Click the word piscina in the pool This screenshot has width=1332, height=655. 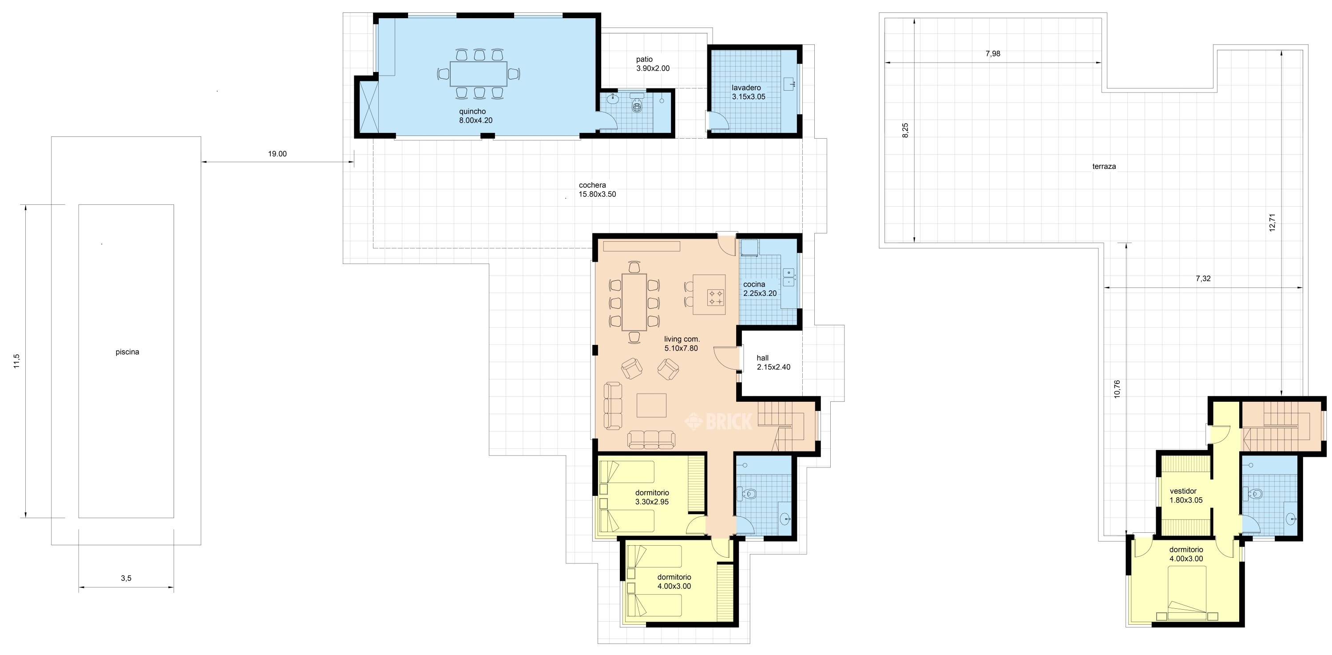click(127, 352)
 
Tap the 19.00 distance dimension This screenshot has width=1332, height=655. click(277, 154)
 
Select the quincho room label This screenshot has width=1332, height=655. click(476, 116)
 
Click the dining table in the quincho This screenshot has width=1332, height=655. click(478, 73)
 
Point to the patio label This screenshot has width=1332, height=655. click(653, 64)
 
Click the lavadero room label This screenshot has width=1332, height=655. click(748, 92)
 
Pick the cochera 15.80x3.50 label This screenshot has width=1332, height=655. click(597, 189)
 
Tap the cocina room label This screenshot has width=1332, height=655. click(760, 289)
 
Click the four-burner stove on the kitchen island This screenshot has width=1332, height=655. click(716, 297)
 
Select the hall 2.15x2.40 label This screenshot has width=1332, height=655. click(773, 362)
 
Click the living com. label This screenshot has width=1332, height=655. click(682, 343)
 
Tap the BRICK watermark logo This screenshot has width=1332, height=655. click(719, 421)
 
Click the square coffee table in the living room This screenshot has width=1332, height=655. click(651, 405)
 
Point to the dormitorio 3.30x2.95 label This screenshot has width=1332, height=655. click(652, 497)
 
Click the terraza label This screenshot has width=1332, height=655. click(1104, 167)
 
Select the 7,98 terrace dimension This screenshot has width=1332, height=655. click(993, 53)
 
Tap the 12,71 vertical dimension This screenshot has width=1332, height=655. click(1272, 223)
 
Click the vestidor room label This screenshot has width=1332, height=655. click(1186, 495)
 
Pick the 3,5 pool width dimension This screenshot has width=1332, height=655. click(126, 579)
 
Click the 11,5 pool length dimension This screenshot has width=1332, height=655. click(16, 361)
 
